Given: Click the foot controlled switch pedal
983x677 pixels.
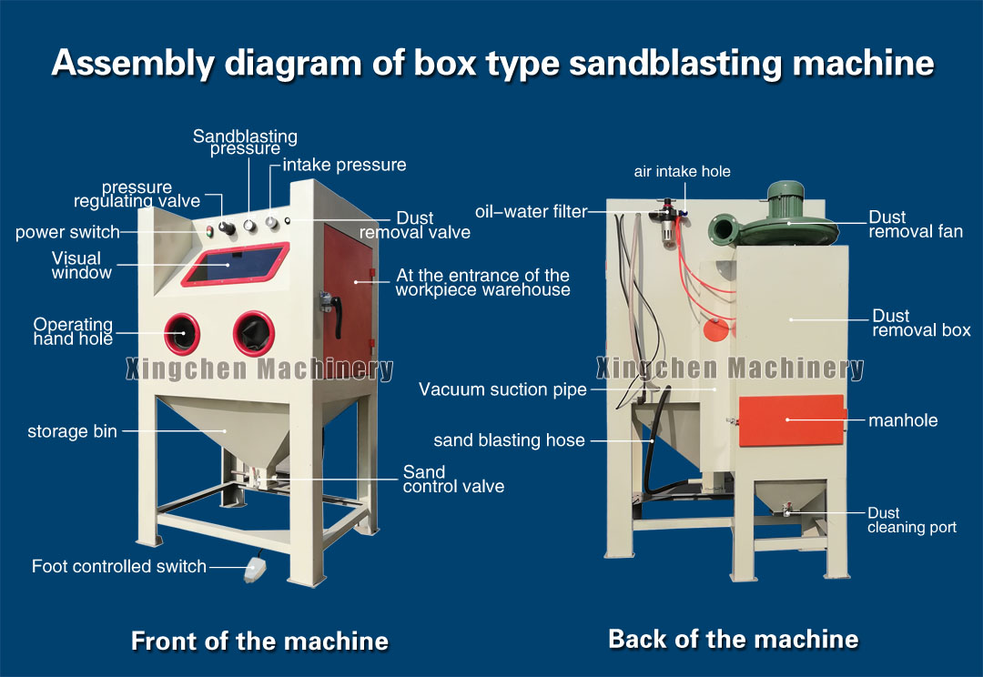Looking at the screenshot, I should [256, 571].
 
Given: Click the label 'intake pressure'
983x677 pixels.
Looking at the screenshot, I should [344, 165].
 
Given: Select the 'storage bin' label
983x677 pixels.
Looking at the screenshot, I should [72, 431].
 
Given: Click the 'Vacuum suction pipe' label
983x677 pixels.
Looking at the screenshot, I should [502, 389].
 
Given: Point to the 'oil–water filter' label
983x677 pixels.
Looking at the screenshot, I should [531, 212].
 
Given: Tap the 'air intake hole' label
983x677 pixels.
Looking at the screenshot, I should [682, 171].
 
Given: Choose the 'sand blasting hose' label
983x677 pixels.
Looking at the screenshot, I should [509, 440].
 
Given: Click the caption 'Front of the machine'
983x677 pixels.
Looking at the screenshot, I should [259, 641].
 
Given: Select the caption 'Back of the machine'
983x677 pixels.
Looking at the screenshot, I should [733, 639].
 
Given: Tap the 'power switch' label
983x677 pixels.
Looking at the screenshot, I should [67, 232].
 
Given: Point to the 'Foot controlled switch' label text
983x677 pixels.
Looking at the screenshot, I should [119, 566].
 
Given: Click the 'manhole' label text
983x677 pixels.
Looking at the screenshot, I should [903, 420].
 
